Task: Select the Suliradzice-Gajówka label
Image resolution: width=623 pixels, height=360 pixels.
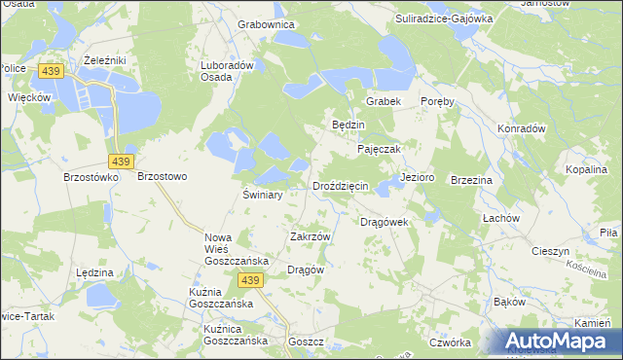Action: (444, 18)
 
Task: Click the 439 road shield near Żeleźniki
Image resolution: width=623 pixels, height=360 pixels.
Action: (52, 71)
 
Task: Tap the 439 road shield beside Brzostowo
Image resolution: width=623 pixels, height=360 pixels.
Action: (122, 161)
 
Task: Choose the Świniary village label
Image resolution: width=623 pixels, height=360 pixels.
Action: (262, 195)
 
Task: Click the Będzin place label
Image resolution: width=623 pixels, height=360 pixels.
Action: (348, 126)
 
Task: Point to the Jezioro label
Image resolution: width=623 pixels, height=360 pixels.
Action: (417, 178)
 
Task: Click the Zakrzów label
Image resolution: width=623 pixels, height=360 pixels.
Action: (311, 236)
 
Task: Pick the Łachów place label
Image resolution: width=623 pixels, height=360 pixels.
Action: (503, 218)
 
